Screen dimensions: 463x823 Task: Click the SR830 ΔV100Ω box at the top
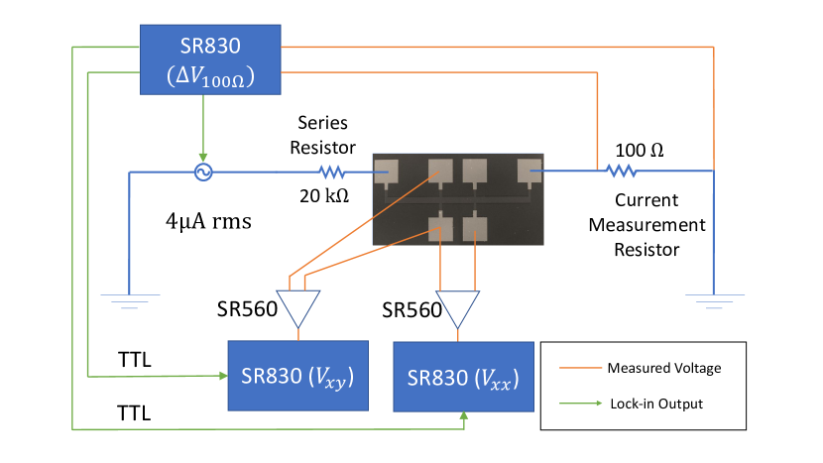click(209, 60)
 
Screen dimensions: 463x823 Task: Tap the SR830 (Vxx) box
click(463, 380)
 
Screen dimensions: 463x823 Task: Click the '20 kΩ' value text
click(324, 196)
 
